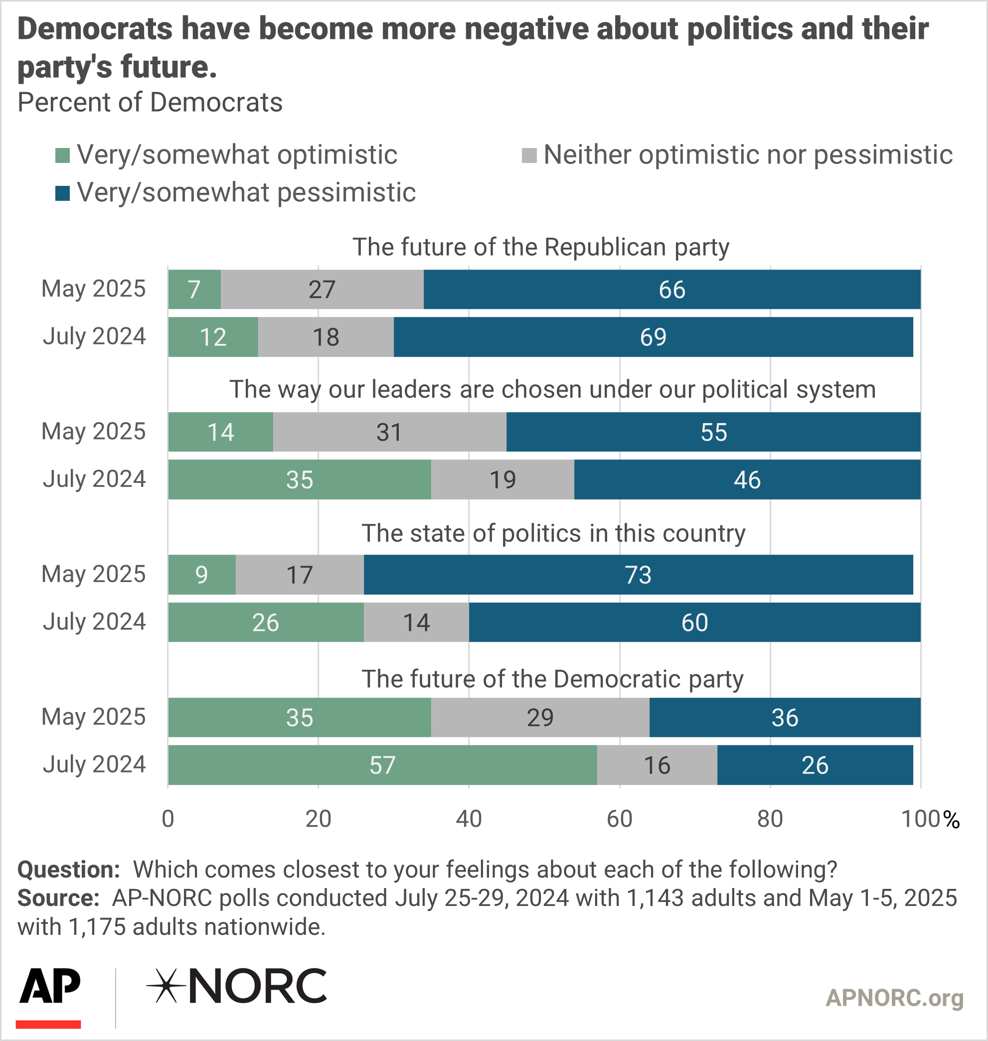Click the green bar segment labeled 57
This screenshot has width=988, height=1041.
382,764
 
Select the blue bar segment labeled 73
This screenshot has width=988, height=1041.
638,575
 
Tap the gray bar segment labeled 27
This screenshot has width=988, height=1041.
322,290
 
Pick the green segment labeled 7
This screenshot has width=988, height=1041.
194,290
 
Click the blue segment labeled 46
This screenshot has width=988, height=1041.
747,480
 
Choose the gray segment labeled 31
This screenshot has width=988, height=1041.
389,433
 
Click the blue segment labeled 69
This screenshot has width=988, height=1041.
653,337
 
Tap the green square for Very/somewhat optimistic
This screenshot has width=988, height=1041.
63,155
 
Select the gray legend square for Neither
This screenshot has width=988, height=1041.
529,155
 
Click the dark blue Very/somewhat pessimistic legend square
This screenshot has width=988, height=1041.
63,193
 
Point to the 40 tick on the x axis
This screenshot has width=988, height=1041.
469,819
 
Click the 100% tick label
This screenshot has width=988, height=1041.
930,819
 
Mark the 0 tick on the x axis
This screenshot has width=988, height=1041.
168,819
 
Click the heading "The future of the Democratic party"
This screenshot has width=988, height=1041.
552,679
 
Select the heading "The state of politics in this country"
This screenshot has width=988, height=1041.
553,533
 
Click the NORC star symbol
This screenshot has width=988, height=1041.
165,986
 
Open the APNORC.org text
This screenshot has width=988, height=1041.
894,998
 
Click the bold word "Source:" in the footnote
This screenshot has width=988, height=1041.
58,898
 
